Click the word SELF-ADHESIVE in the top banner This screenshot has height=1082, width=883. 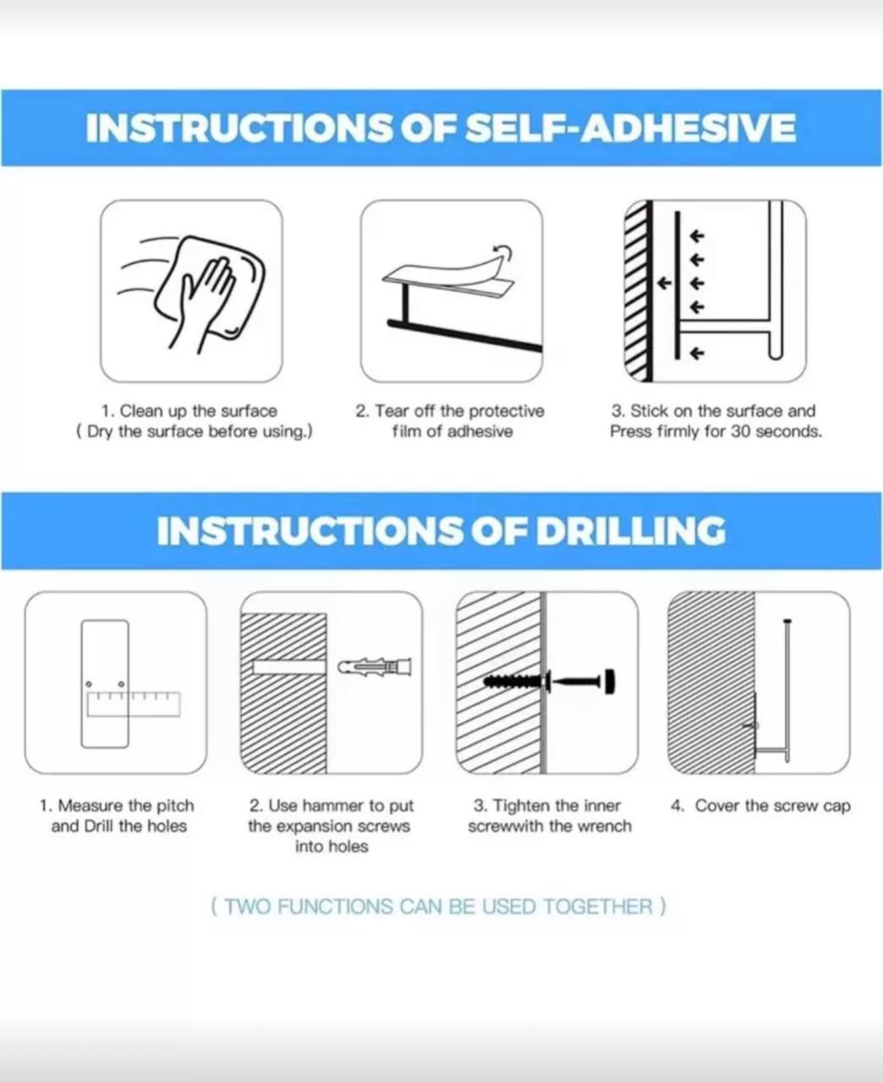tap(630, 128)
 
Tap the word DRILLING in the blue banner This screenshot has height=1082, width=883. tap(631, 530)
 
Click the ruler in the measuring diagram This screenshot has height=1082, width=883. tap(134, 704)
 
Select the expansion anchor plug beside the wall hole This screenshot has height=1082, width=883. tap(375, 667)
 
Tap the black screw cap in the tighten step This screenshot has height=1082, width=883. tap(610, 681)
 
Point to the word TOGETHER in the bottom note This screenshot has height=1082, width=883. tap(598, 907)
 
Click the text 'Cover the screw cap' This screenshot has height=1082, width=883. tap(773, 805)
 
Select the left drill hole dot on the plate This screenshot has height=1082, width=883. tap(89, 684)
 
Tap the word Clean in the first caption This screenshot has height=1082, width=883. tap(137, 411)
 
